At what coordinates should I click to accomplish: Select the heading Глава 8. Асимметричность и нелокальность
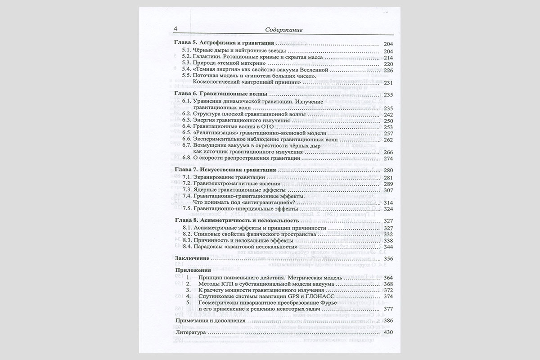pyautogui.click(x=236, y=221)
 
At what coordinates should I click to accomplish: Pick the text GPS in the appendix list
pyautogui.click(x=282, y=297)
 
